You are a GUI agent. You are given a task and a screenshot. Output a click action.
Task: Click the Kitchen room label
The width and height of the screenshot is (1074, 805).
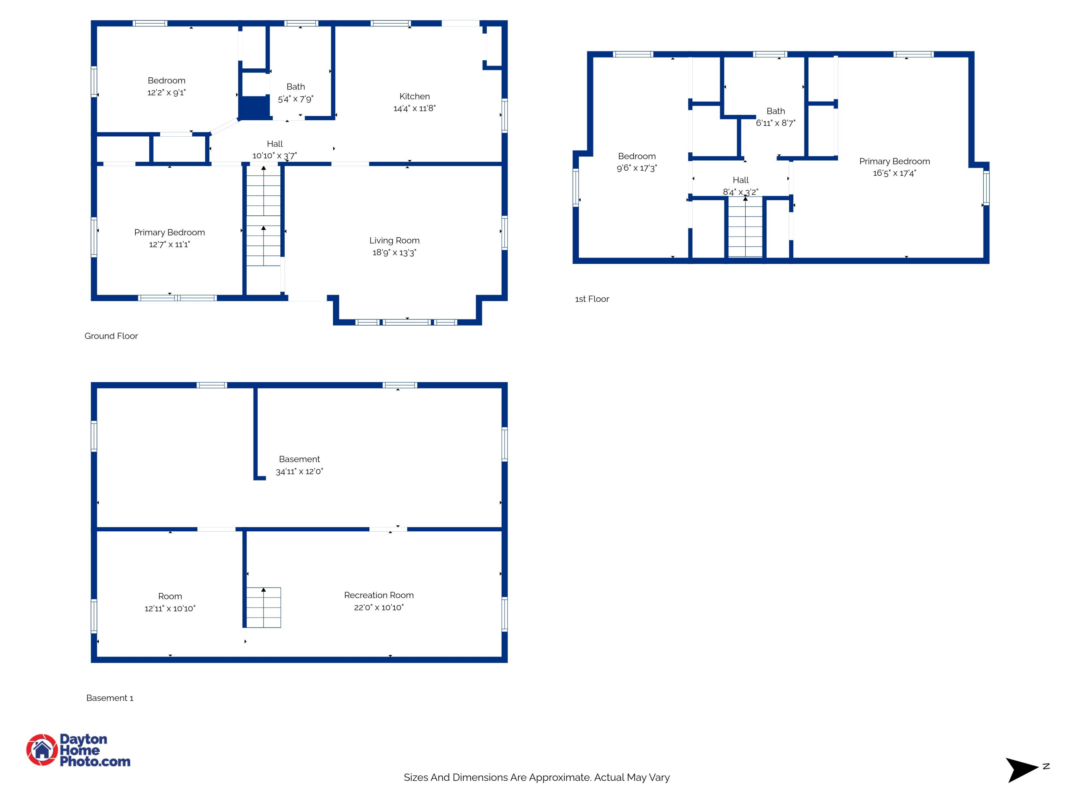(x=414, y=96)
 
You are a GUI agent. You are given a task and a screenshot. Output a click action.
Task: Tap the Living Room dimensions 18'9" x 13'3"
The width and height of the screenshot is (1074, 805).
(x=394, y=252)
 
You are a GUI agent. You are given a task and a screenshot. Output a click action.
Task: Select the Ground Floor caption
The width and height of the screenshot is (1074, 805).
(x=111, y=336)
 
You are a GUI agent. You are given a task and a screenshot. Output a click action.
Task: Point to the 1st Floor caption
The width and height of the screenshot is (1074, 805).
(x=592, y=299)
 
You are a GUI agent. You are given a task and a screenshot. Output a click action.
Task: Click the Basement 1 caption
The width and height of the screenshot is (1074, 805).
(x=110, y=698)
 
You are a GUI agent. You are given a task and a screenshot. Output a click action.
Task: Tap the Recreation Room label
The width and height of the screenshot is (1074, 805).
(x=379, y=595)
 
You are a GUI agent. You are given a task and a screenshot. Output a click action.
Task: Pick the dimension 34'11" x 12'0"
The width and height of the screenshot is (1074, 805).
(x=299, y=471)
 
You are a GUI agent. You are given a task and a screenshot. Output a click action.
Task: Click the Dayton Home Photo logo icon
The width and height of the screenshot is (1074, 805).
(x=42, y=750)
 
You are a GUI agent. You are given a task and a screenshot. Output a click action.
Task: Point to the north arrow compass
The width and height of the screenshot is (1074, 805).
(x=1023, y=770)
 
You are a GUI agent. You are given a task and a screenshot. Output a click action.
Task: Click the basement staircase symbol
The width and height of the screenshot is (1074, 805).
(x=263, y=608)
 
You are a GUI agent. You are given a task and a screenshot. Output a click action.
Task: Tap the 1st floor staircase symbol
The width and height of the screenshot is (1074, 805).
(x=745, y=227)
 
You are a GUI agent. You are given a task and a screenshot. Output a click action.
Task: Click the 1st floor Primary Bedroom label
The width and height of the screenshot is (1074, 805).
(x=894, y=161)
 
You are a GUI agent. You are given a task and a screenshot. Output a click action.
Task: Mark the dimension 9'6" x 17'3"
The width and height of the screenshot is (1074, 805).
(x=637, y=168)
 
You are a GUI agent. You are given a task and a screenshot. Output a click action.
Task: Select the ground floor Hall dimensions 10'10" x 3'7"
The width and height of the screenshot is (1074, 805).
(x=274, y=155)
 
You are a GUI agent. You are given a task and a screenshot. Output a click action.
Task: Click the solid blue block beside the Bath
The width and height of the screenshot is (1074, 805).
(x=253, y=107)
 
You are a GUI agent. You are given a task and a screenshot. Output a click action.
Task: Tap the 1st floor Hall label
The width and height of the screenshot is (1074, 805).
(x=740, y=180)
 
